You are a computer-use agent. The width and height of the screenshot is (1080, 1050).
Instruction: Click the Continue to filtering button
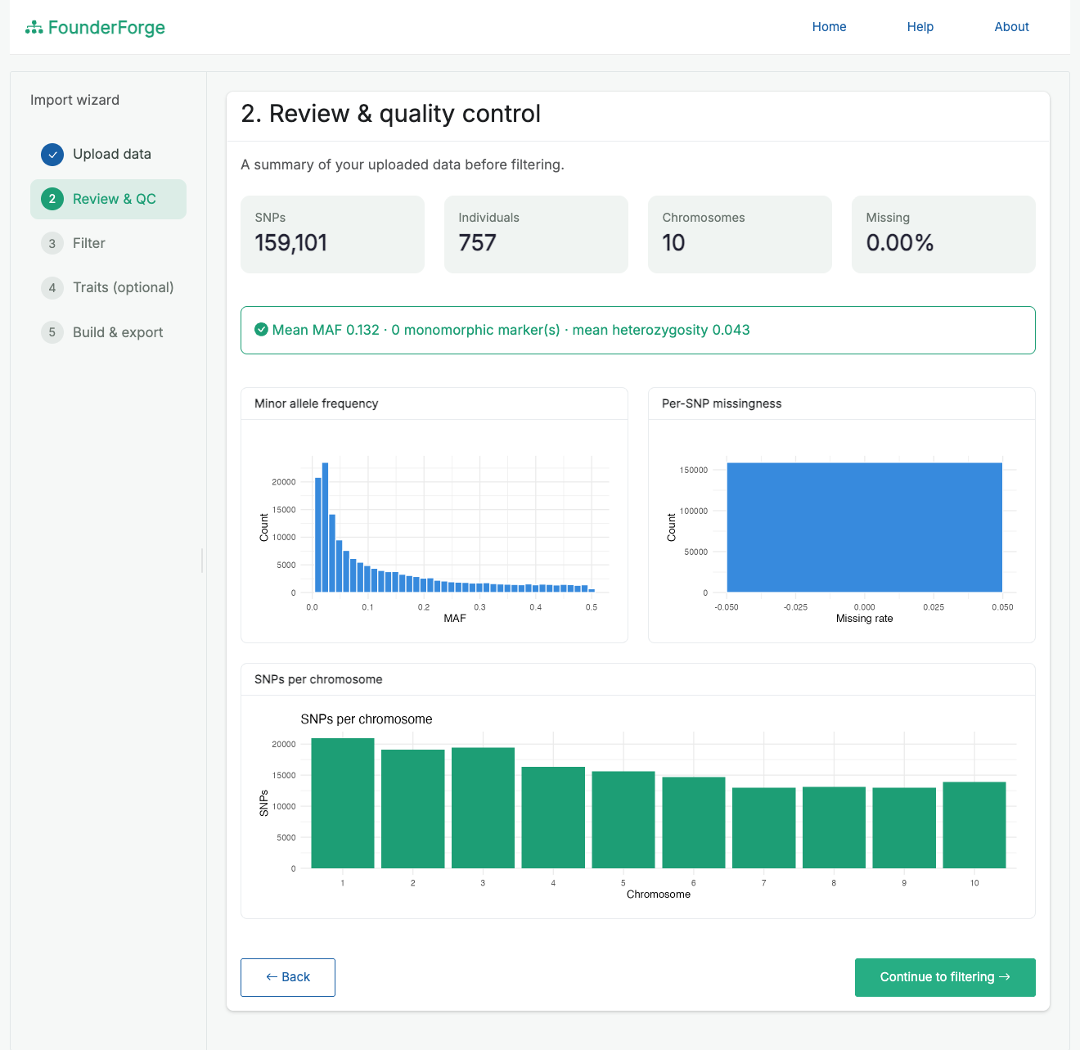pos(944,976)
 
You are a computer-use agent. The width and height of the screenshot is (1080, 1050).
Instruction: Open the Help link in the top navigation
pos(920,27)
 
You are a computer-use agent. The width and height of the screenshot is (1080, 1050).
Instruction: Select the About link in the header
pos(1011,27)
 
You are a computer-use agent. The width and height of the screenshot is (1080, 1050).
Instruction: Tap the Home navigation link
pos(829,27)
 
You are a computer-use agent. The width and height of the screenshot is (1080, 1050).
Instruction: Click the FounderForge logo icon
pos(34,27)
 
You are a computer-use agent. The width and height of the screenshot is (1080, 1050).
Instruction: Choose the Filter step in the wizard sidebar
pos(89,243)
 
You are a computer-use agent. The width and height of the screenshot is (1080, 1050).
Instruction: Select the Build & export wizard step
pos(118,332)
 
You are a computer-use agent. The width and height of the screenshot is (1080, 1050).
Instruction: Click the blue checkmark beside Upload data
pos(52,155)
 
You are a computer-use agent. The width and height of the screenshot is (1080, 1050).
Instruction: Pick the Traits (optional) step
pos(124,287)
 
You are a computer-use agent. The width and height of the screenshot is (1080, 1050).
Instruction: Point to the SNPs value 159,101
pos(290,242)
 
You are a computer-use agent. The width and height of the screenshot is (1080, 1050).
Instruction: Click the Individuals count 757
pos(477,242)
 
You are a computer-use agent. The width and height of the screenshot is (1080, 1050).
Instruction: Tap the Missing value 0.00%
pos(900,242)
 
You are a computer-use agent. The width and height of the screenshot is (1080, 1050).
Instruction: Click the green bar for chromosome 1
pos(343,803)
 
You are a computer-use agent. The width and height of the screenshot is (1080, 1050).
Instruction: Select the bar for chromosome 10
pos(974,825)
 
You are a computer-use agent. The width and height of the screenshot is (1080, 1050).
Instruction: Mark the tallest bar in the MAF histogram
pos(325,527)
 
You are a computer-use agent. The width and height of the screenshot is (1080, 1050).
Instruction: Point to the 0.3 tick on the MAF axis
pos(479,607)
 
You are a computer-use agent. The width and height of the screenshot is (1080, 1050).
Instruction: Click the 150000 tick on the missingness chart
pos(694,470)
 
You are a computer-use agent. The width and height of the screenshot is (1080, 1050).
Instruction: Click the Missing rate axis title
pos(864,618)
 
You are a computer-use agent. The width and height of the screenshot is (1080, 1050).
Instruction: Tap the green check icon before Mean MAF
pos(261,330)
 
